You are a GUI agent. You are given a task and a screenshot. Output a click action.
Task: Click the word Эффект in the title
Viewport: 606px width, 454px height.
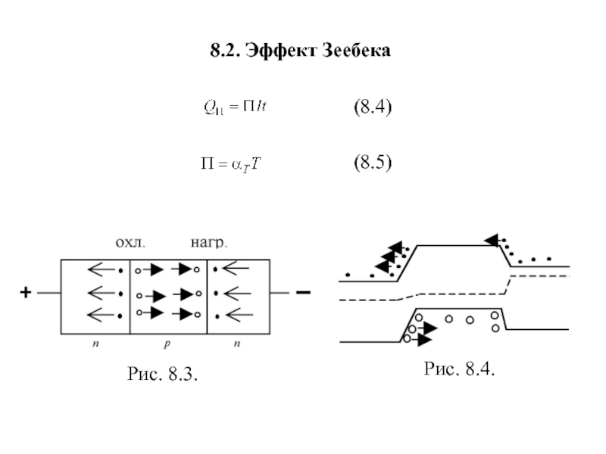tap(288, 52)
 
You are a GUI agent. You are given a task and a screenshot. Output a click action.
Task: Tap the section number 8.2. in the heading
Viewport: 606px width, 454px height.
tap(226, 52)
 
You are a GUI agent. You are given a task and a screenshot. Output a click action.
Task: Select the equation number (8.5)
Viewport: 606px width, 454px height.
tap(373, 163)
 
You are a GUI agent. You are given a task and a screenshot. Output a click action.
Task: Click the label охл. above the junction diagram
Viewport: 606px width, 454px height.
tap(130, 244)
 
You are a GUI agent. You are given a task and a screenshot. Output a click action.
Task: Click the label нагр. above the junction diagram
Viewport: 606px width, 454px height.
tap(208, 244)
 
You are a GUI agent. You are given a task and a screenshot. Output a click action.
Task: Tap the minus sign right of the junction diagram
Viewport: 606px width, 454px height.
tap(302, 292)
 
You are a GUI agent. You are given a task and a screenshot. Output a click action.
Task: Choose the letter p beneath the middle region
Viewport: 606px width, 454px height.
tap(168, 344)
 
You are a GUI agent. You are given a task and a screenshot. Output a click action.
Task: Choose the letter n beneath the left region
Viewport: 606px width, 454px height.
tap(95, 344)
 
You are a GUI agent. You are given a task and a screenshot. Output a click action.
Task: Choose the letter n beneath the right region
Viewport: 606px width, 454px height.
tap(237, 344)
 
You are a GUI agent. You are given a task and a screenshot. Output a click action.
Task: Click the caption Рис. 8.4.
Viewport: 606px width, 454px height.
tap(460, 369)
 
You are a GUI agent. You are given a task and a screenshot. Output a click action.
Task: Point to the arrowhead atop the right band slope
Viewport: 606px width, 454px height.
tap(492, 241)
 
